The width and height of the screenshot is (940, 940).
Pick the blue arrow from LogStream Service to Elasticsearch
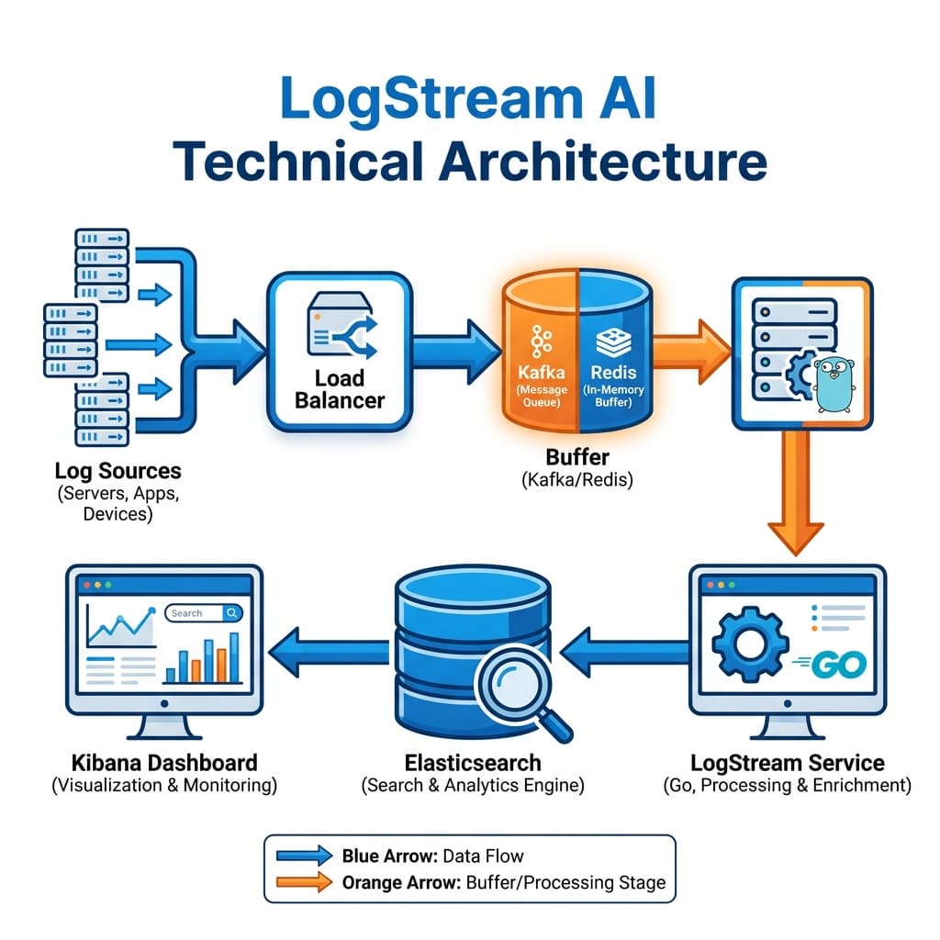(624, 653)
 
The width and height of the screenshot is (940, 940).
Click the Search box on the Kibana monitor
(204, 612)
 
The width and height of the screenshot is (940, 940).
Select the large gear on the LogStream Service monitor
(749, 643)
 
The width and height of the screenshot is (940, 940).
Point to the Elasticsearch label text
(473, 763)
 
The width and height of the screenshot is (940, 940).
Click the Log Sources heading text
(117, 471)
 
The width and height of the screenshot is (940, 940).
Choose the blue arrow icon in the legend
(304, 856)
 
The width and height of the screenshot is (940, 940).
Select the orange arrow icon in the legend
(304, 882)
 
